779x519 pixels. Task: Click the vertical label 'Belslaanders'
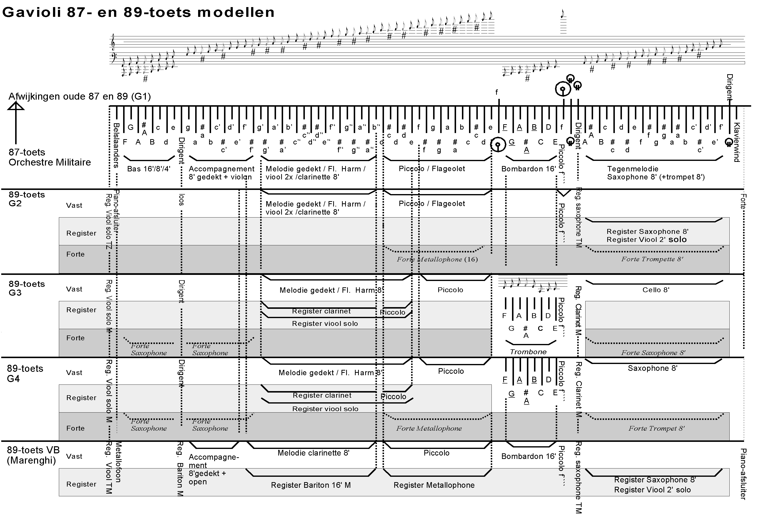click(116, 146)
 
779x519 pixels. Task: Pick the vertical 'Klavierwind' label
click(736, 142)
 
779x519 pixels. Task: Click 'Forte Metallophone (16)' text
click(437, 259)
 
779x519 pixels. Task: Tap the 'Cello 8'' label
click(656, 290)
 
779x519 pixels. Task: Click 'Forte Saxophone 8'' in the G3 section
click(653, 353)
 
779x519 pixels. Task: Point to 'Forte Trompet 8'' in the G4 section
click(656, 429)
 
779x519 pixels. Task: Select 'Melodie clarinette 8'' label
click(313, 453)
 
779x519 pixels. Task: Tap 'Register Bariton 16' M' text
click(311, 485)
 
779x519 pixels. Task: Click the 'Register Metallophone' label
click(434, 485)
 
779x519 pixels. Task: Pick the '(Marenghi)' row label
click(31, 460)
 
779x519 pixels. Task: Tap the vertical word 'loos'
click(181, 200)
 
